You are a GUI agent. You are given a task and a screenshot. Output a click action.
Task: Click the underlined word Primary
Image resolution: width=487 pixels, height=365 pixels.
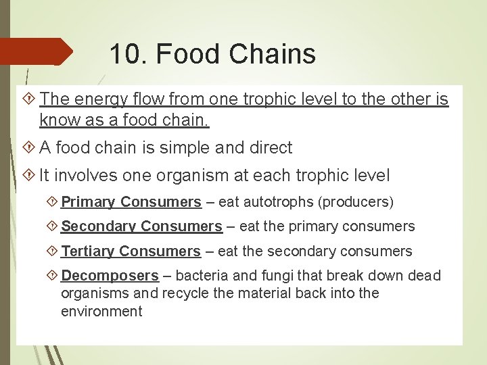point(88,201)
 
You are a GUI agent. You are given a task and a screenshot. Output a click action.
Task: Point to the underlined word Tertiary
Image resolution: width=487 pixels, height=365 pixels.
point(88,251)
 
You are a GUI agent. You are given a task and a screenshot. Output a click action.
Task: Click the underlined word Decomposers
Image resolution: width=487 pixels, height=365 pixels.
point(110,276)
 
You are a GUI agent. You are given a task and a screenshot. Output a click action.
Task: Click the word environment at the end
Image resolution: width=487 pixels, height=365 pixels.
point(101,312)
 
